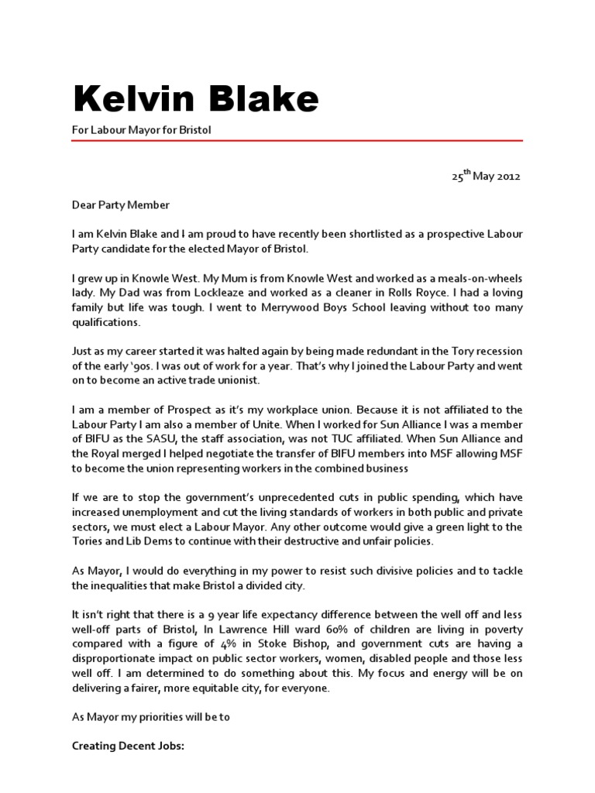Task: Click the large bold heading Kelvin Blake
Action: click(x=195, y=99)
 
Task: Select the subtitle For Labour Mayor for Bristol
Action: click(x=141, y=130)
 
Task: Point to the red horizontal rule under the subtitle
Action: click(x=297, y=141)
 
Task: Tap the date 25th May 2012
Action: click(x=487, y=176)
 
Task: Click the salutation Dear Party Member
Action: click(x=119, y=205)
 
